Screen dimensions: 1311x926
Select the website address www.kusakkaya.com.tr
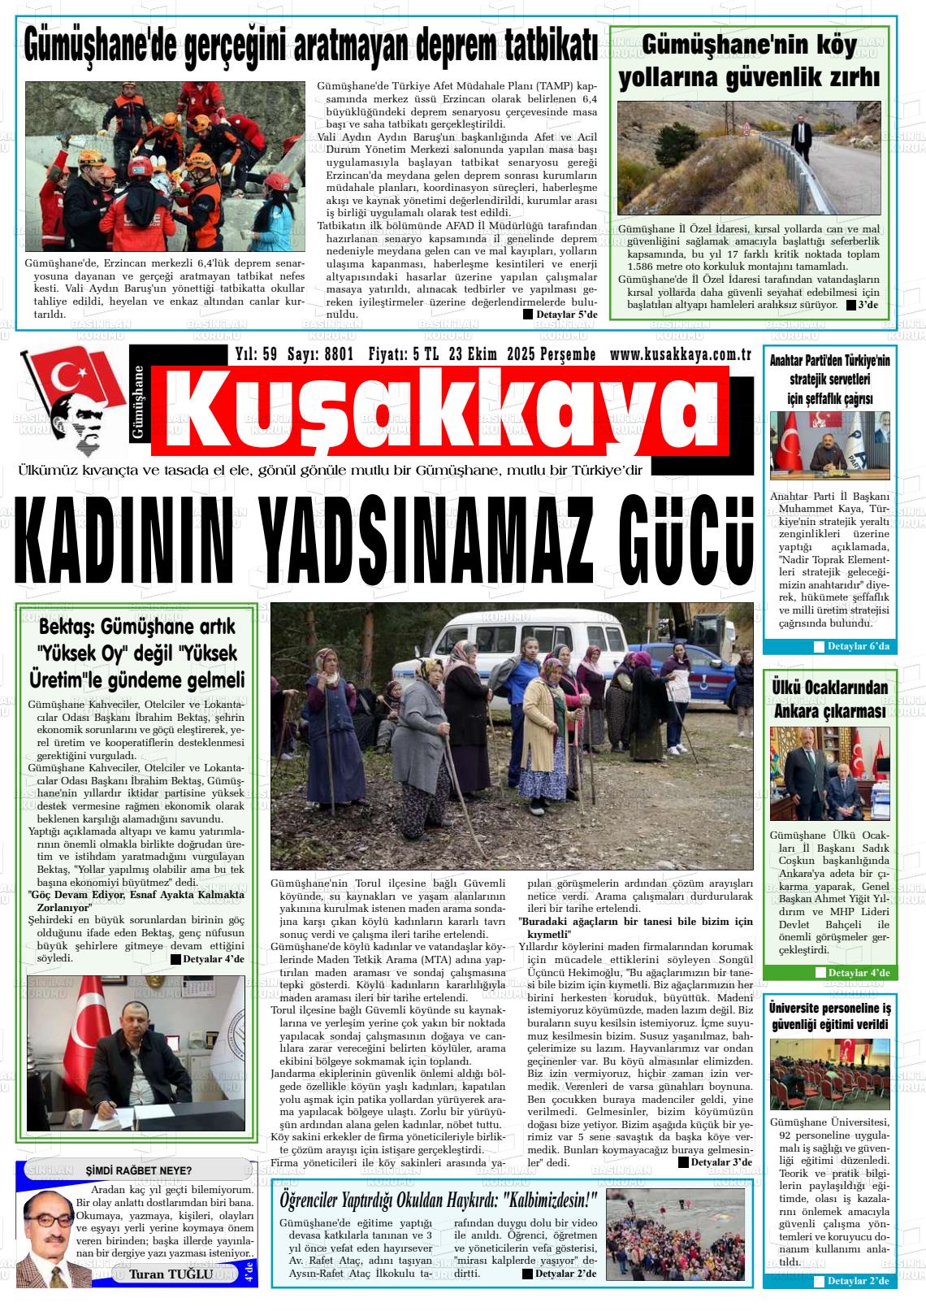[x=679, y=354]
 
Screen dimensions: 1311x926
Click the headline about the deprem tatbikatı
[x=311, y=46]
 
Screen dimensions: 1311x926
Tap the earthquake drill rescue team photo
[x=166, y=166]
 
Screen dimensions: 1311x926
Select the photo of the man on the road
[x=749, y=158]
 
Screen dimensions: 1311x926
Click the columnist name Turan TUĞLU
[x=171, y=1274]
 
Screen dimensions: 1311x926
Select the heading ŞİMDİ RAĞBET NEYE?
[x=139, y=1170]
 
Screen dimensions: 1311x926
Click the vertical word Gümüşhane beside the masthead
[x=137, y=403]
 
